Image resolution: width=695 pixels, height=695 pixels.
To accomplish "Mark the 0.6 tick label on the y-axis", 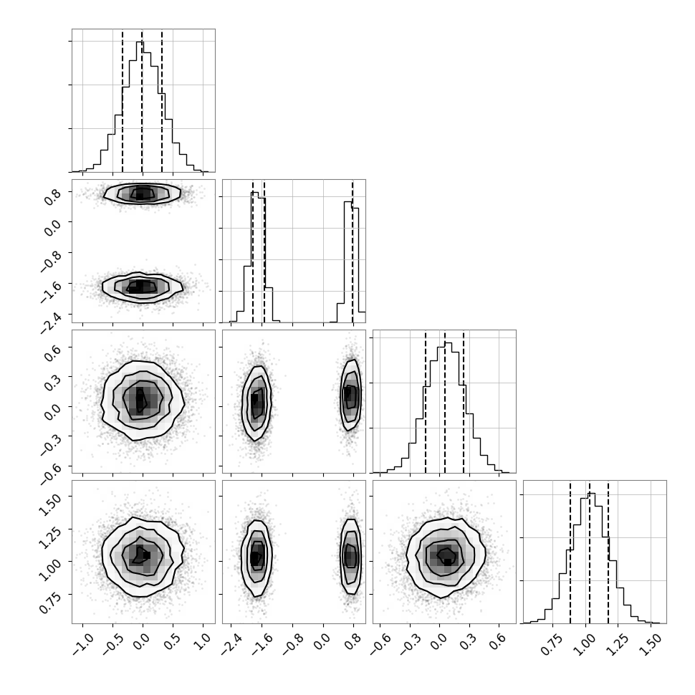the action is click(x=52, y=350).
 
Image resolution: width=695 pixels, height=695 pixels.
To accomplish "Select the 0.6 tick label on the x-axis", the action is click(x=498, y=641).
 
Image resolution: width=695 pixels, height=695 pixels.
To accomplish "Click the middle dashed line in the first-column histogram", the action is click(x=142, y=100).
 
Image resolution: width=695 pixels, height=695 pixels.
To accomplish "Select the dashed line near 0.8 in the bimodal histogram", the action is click(x=353, y=251).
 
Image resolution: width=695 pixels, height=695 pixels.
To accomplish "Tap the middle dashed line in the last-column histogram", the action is click(x=589, y=552).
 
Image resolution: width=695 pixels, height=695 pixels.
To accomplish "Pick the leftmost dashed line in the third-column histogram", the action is click(x=425, y=401).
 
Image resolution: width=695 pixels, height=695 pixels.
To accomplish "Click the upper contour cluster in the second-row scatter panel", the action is click(x=142, y=193).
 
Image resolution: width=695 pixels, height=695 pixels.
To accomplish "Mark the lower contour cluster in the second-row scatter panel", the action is click(x=143, y=287).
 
